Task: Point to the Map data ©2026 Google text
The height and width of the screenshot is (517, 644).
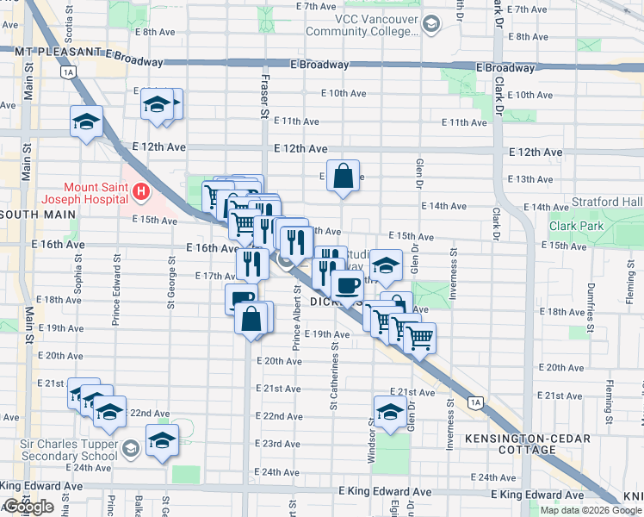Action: click(590, 510)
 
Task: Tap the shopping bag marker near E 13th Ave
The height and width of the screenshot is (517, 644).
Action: click(343, 176)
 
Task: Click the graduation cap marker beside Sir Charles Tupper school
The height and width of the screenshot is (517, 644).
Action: click(163, 440)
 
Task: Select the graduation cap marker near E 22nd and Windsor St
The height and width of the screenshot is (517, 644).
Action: click(389, 412)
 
